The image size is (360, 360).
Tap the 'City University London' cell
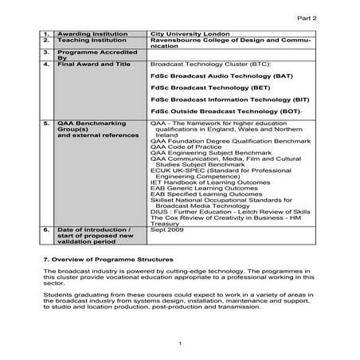coord(190,34)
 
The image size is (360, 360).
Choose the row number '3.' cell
coord(47,51)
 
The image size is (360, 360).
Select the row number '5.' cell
coord(47,124)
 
